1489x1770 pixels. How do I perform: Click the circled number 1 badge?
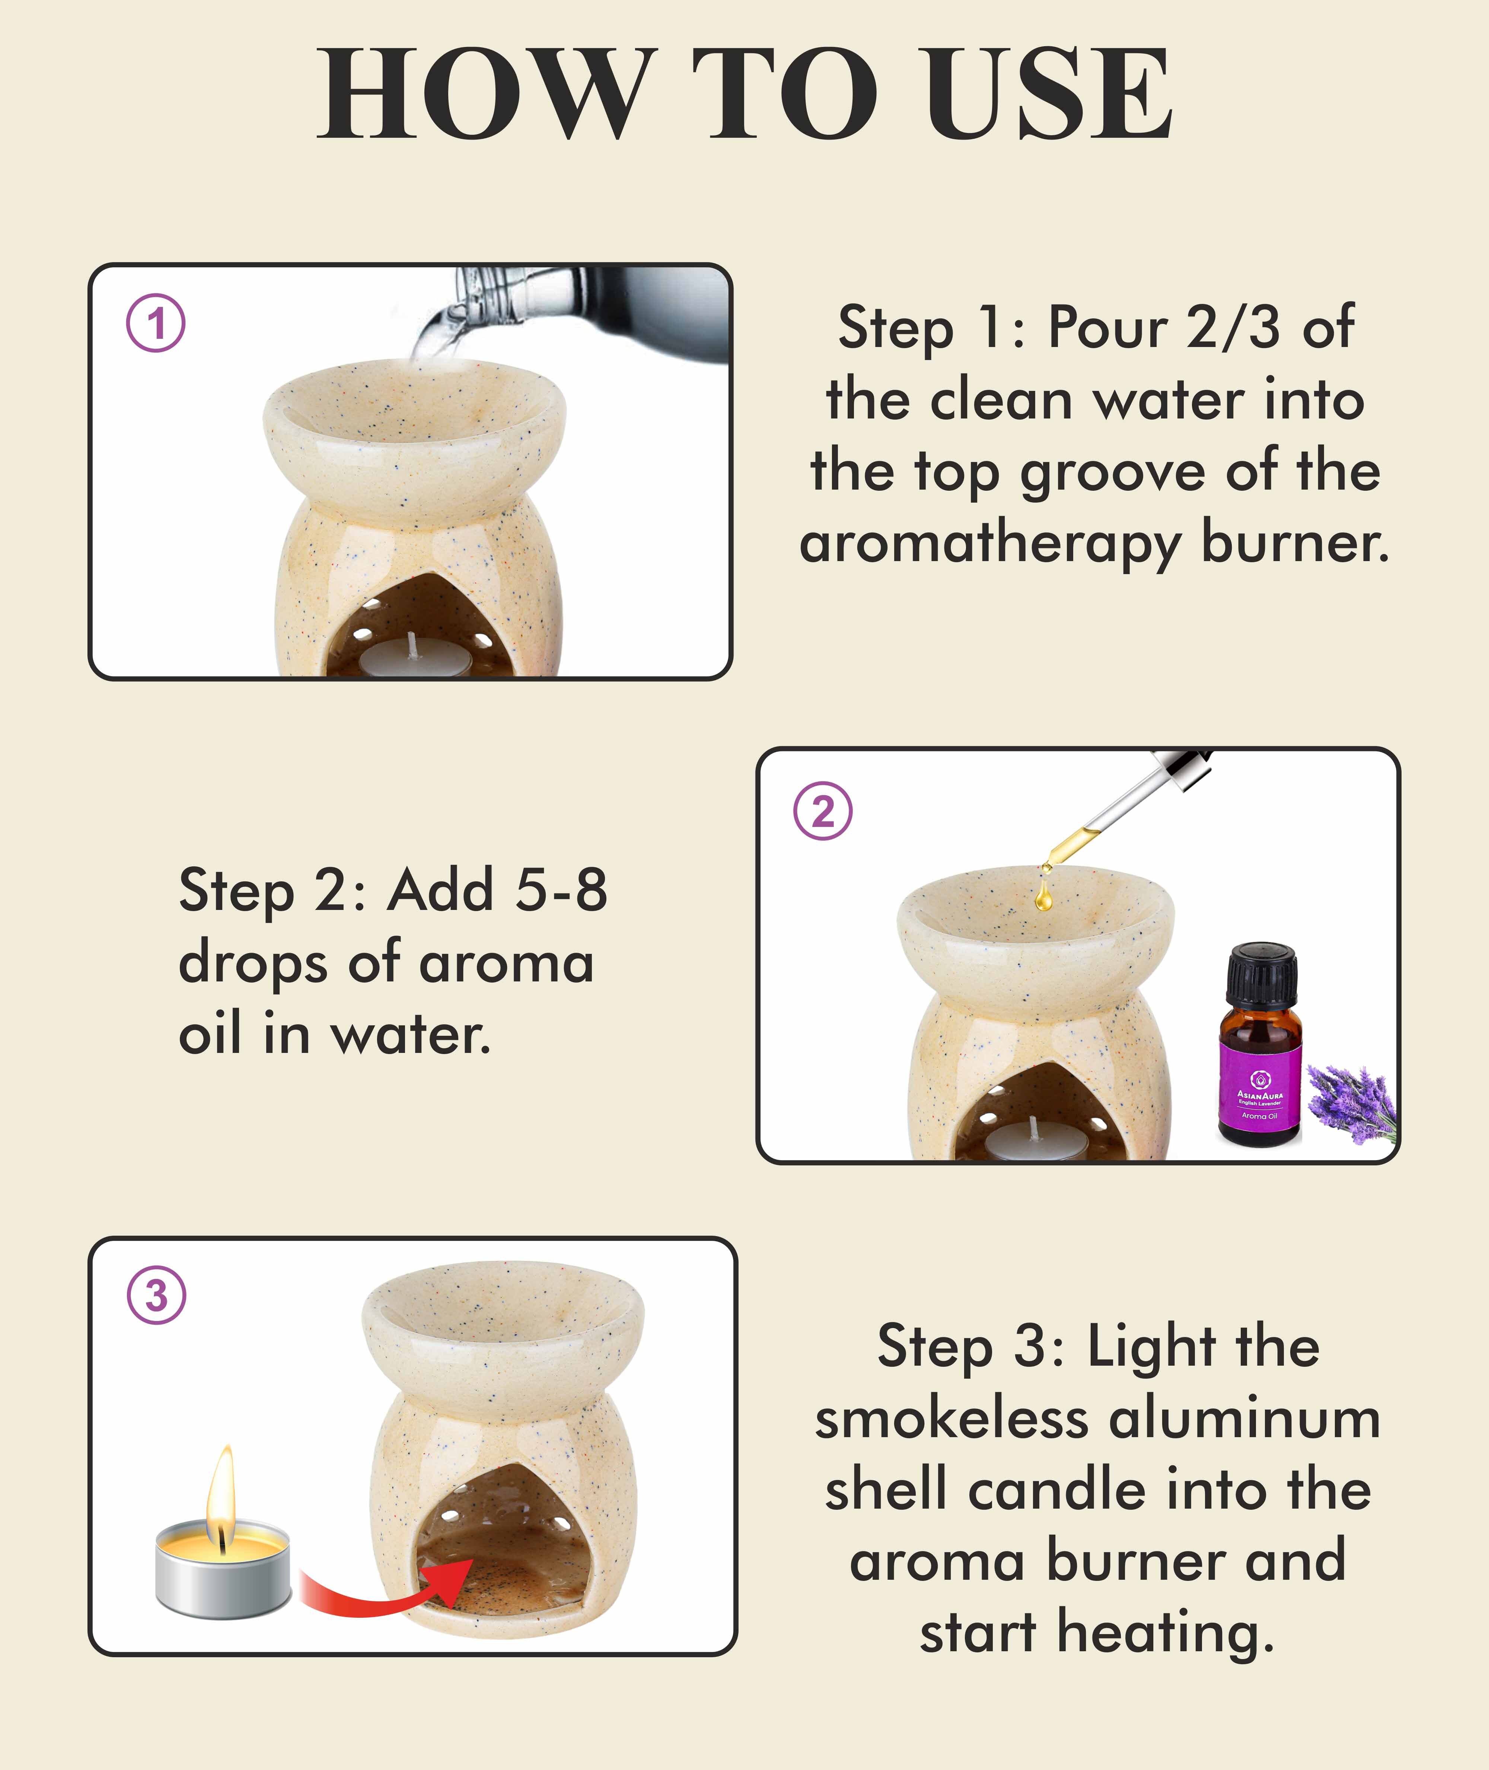tap(156, 323)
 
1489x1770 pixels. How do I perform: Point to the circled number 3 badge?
tap(156, 1295)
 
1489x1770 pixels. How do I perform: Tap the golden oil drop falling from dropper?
tap(1043, 897)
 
